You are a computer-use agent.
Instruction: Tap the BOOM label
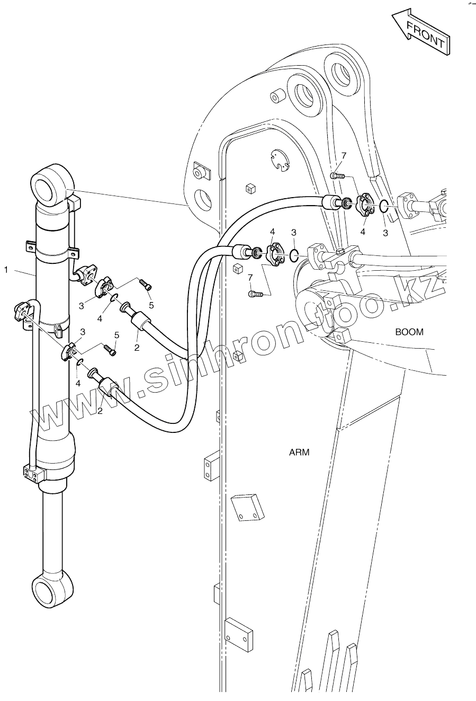click(409, 332)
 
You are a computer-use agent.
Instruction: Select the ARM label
click(299, 452)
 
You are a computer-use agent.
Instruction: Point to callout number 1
click(6, 270)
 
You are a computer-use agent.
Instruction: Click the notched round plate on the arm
click(279, 160)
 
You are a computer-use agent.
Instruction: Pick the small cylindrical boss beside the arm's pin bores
click(278, 96)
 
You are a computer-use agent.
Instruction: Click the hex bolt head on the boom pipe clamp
click(342, 251)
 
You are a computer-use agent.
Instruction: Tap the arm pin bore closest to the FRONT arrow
click(342, 72)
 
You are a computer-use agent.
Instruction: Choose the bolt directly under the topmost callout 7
click(337, 176)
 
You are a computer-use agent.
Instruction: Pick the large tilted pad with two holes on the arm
click(248, 508)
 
